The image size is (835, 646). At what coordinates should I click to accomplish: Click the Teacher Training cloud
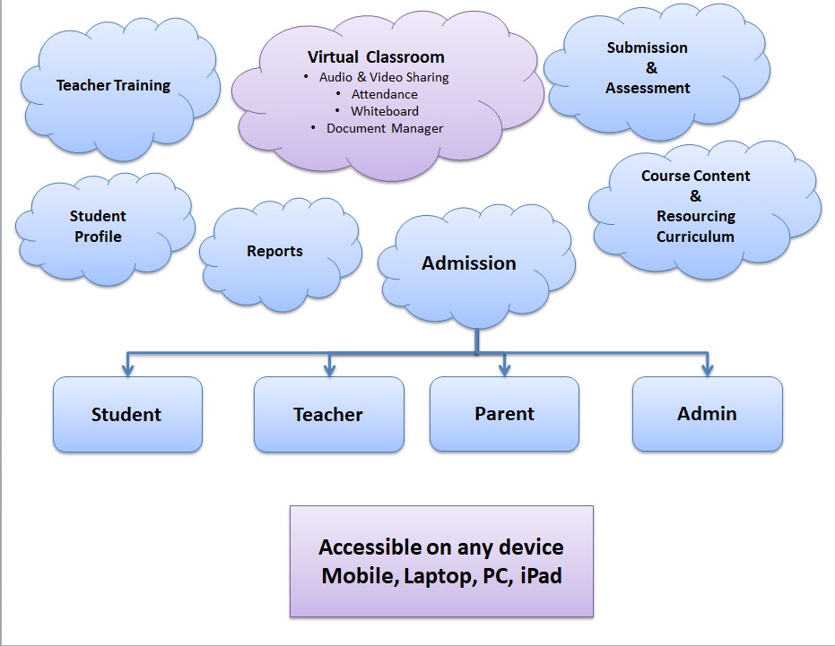pos(113,86)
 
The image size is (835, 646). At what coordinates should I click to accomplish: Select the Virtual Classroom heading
pos(376,57)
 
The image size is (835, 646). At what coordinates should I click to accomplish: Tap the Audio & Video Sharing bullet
pos(384,77)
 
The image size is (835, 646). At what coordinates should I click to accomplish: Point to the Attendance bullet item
pos(384,94)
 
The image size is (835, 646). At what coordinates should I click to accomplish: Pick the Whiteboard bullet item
pos(384,111)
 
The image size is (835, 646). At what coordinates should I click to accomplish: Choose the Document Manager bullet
pos(384,128)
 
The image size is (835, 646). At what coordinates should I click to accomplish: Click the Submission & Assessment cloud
pos(648,68)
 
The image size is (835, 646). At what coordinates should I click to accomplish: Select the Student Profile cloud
pos(98,226)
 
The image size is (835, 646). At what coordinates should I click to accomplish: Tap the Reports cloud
pos(274,252)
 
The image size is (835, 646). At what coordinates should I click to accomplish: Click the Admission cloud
pos(469,263)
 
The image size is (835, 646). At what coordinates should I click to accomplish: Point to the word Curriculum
pos(695,237)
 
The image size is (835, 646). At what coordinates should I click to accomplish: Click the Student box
pos(126,415)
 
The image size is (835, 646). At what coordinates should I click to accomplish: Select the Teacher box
pos(328,415)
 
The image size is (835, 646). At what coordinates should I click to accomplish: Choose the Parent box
pos(504,414)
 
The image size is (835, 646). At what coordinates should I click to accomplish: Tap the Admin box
pos(707,414)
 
